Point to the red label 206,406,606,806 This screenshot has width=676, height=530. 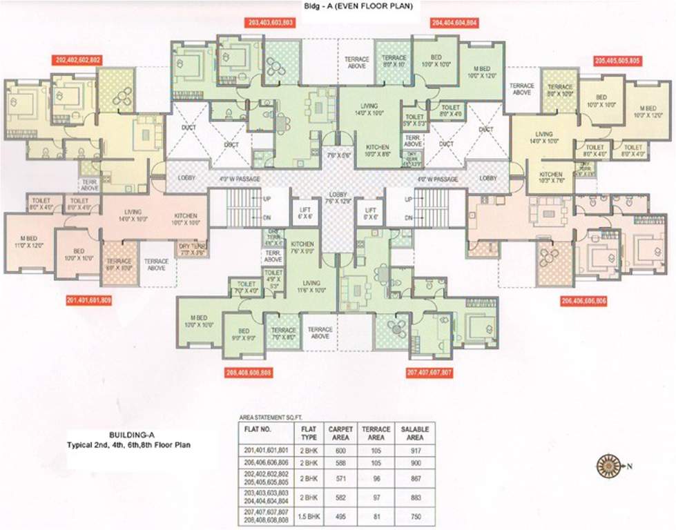pos(584,302)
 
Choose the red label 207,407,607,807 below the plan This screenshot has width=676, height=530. pos(429,373)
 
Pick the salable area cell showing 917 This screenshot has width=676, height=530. pos(414,451)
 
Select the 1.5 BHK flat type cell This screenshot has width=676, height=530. pos(308,516)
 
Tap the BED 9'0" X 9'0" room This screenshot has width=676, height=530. pos(244,335)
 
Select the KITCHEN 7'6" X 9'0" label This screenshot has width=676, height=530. pos(302,248)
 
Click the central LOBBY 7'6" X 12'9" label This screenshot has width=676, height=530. pos(338,198)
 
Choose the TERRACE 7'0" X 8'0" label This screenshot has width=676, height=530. pos(283,335)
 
